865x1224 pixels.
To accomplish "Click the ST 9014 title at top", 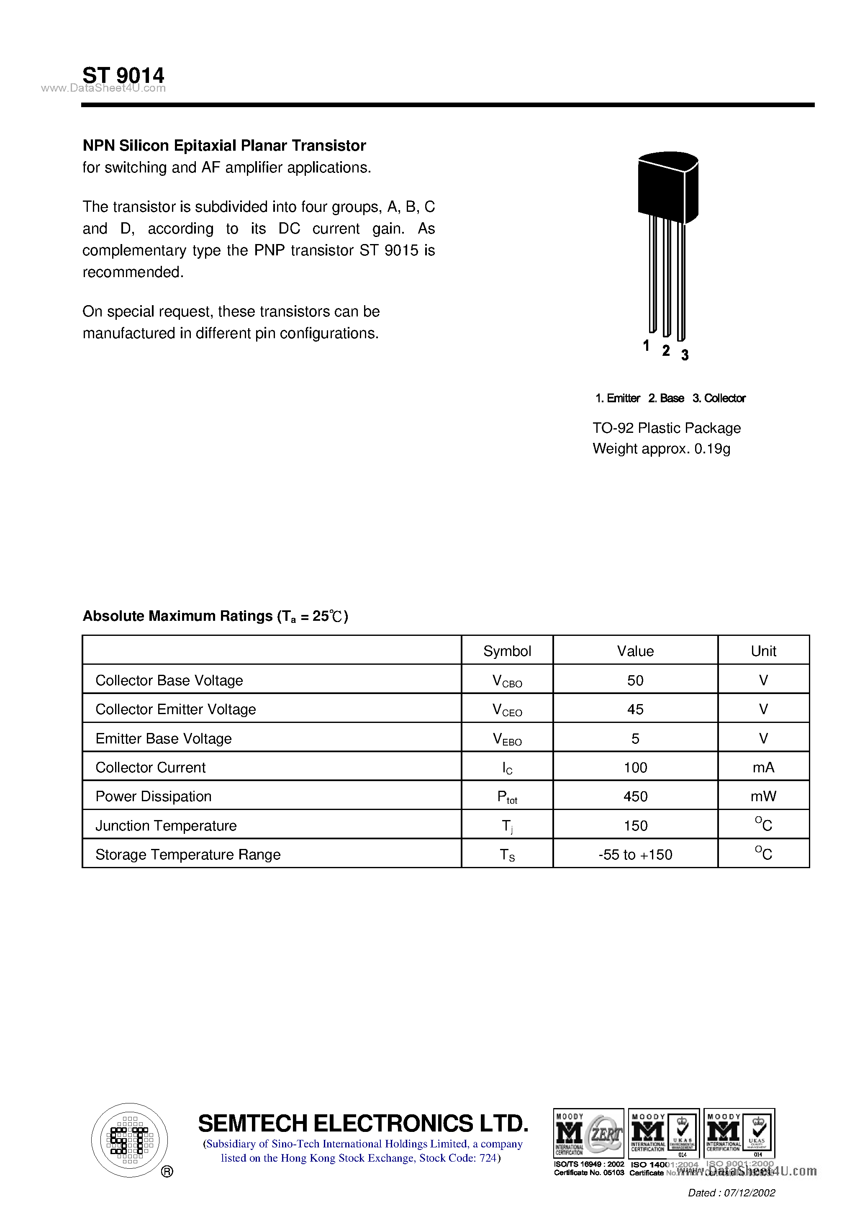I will [123, 75].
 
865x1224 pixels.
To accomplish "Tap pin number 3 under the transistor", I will [685, 355].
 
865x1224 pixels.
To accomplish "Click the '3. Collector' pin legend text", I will [719, 398].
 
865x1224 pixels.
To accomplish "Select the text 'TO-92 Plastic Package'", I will [666, 428].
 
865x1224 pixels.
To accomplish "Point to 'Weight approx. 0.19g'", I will [661, 449].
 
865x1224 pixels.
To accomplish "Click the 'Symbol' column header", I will [507, 651].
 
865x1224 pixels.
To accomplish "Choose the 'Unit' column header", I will [763, 651].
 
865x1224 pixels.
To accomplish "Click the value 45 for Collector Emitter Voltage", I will [635, 709].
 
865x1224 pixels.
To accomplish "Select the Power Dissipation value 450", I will [635, 797].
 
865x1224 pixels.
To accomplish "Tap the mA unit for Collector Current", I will [763, 768].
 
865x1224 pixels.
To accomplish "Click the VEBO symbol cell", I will [507, 739].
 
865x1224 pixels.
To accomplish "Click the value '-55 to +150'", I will [635, 854].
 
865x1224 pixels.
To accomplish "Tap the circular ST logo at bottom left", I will [129, 1140].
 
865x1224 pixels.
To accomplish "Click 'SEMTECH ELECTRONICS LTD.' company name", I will [363, 1123].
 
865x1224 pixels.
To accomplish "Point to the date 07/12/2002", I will [749, 1193].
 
